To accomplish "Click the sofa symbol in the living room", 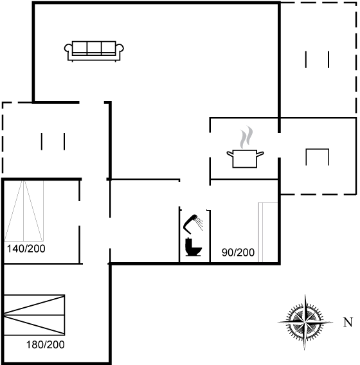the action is coord(94,51).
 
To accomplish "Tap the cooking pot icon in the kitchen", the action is coord(245,159).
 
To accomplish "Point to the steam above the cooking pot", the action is coord(246,137).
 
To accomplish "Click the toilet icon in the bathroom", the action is coord(194,247).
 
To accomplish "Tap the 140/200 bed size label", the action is coord(26,249).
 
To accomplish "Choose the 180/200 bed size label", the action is coord(45,344).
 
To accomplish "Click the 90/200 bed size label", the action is coord(238,253).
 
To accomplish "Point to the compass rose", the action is coord(305,323).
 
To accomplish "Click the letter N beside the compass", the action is coord(348,323).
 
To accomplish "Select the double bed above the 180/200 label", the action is coord(34,315).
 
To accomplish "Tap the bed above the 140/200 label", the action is coord(24,211).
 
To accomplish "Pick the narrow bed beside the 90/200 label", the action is coord(268,232).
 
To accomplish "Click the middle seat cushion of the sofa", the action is coord(94,48).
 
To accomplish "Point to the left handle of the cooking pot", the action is coord(230,154).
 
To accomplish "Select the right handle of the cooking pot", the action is coord(260,154).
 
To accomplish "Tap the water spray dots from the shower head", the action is coord(199,224).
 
